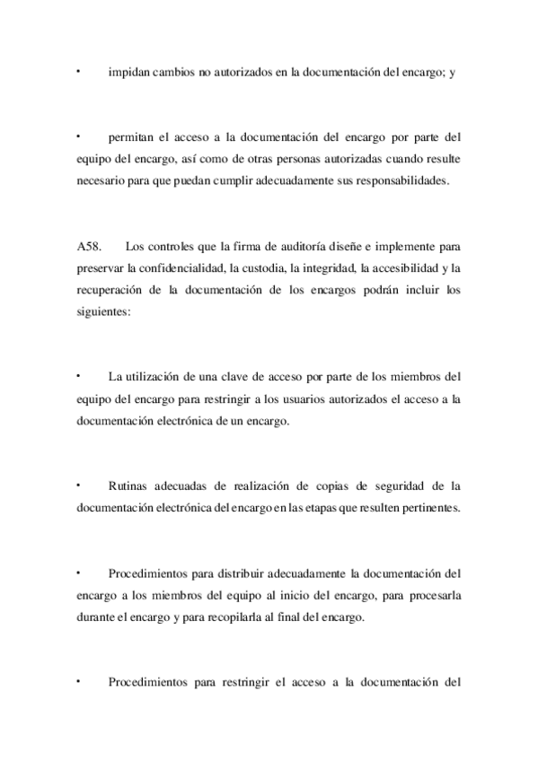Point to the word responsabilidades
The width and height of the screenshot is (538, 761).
click(x=401, y=179)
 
